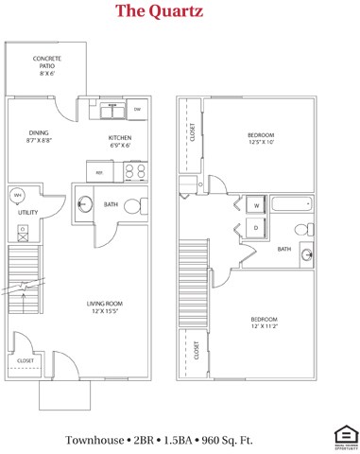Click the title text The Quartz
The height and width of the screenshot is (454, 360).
[159, 11]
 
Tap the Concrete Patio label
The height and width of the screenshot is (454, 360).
[47, 63]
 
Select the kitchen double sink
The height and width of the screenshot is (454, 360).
[113, 112]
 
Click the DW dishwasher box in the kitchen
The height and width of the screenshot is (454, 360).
[137, 111]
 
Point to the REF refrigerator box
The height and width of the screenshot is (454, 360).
[99, 171]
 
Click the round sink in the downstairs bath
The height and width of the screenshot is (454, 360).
[84, 202]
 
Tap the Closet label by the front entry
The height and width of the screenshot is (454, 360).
[26, 360]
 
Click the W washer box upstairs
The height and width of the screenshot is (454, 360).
[254, 206]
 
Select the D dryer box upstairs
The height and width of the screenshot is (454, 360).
[254, 228]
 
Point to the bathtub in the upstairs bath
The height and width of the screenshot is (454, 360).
[291, 204]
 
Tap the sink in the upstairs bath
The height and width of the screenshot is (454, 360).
[305, 253]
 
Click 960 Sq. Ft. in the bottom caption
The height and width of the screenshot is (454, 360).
[228, 440]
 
